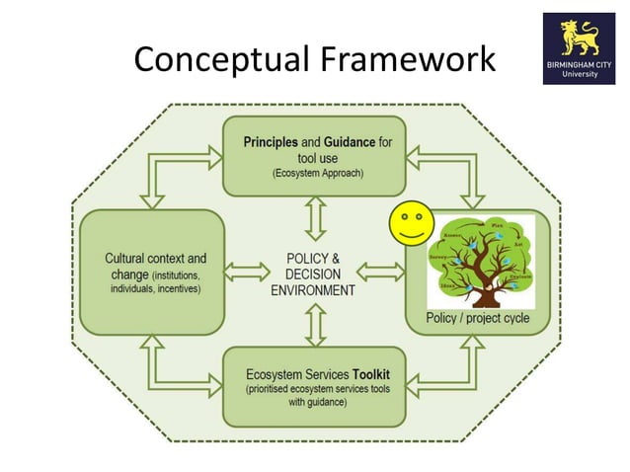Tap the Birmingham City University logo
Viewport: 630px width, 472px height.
(x=579, y=48)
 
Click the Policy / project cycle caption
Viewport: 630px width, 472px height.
(x=478, y=318)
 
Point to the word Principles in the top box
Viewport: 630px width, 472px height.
(x=271, y=142)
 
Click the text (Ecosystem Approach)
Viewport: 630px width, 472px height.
(x=313, y=173)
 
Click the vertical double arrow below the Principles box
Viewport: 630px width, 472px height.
(x=314, y=217)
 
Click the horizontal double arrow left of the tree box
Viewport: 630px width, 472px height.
(x=380, y=270)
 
